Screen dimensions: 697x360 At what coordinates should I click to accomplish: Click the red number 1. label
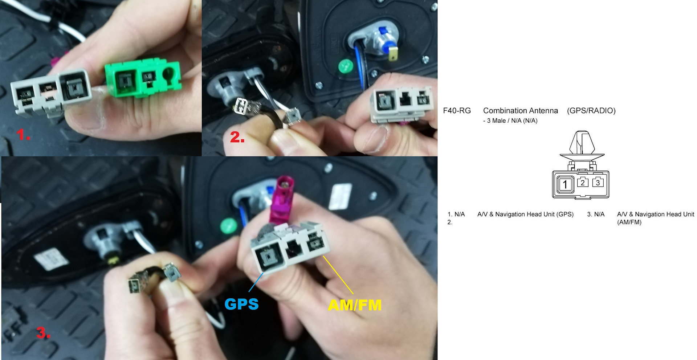23,135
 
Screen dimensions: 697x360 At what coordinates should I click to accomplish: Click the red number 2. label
237,137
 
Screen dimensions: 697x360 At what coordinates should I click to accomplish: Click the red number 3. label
43,333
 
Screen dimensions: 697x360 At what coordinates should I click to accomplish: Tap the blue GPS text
241,304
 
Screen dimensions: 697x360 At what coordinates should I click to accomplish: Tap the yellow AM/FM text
355,305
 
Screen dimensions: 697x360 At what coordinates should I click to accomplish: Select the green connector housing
143,79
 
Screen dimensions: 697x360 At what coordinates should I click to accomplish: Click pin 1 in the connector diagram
565,185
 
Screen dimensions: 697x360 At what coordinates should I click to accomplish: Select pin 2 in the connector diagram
583,183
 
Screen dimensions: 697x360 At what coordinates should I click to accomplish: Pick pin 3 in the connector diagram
598,183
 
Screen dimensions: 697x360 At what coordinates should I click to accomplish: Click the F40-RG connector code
457,111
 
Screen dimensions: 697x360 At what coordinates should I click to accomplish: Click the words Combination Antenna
521,111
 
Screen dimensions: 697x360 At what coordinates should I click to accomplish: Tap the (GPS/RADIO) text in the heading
591,111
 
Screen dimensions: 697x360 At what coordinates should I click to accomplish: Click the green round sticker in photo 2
346,66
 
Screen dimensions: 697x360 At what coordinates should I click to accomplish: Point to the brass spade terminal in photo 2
393,55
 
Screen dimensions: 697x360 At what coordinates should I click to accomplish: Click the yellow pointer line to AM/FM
338,275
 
